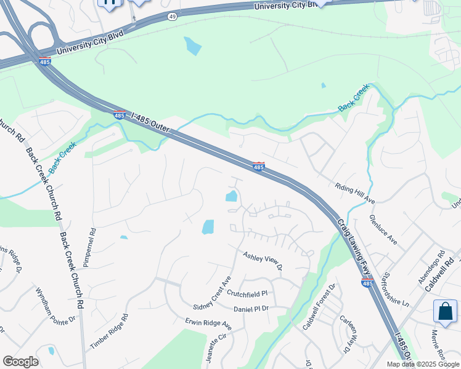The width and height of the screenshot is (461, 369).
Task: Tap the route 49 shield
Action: point(173,17)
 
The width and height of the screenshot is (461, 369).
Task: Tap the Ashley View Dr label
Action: point(262,261)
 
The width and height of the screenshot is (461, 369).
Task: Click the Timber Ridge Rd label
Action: point(109,332)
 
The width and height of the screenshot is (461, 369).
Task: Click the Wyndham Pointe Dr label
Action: point(55,305)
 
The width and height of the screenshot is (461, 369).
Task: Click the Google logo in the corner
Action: point(20,362)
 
